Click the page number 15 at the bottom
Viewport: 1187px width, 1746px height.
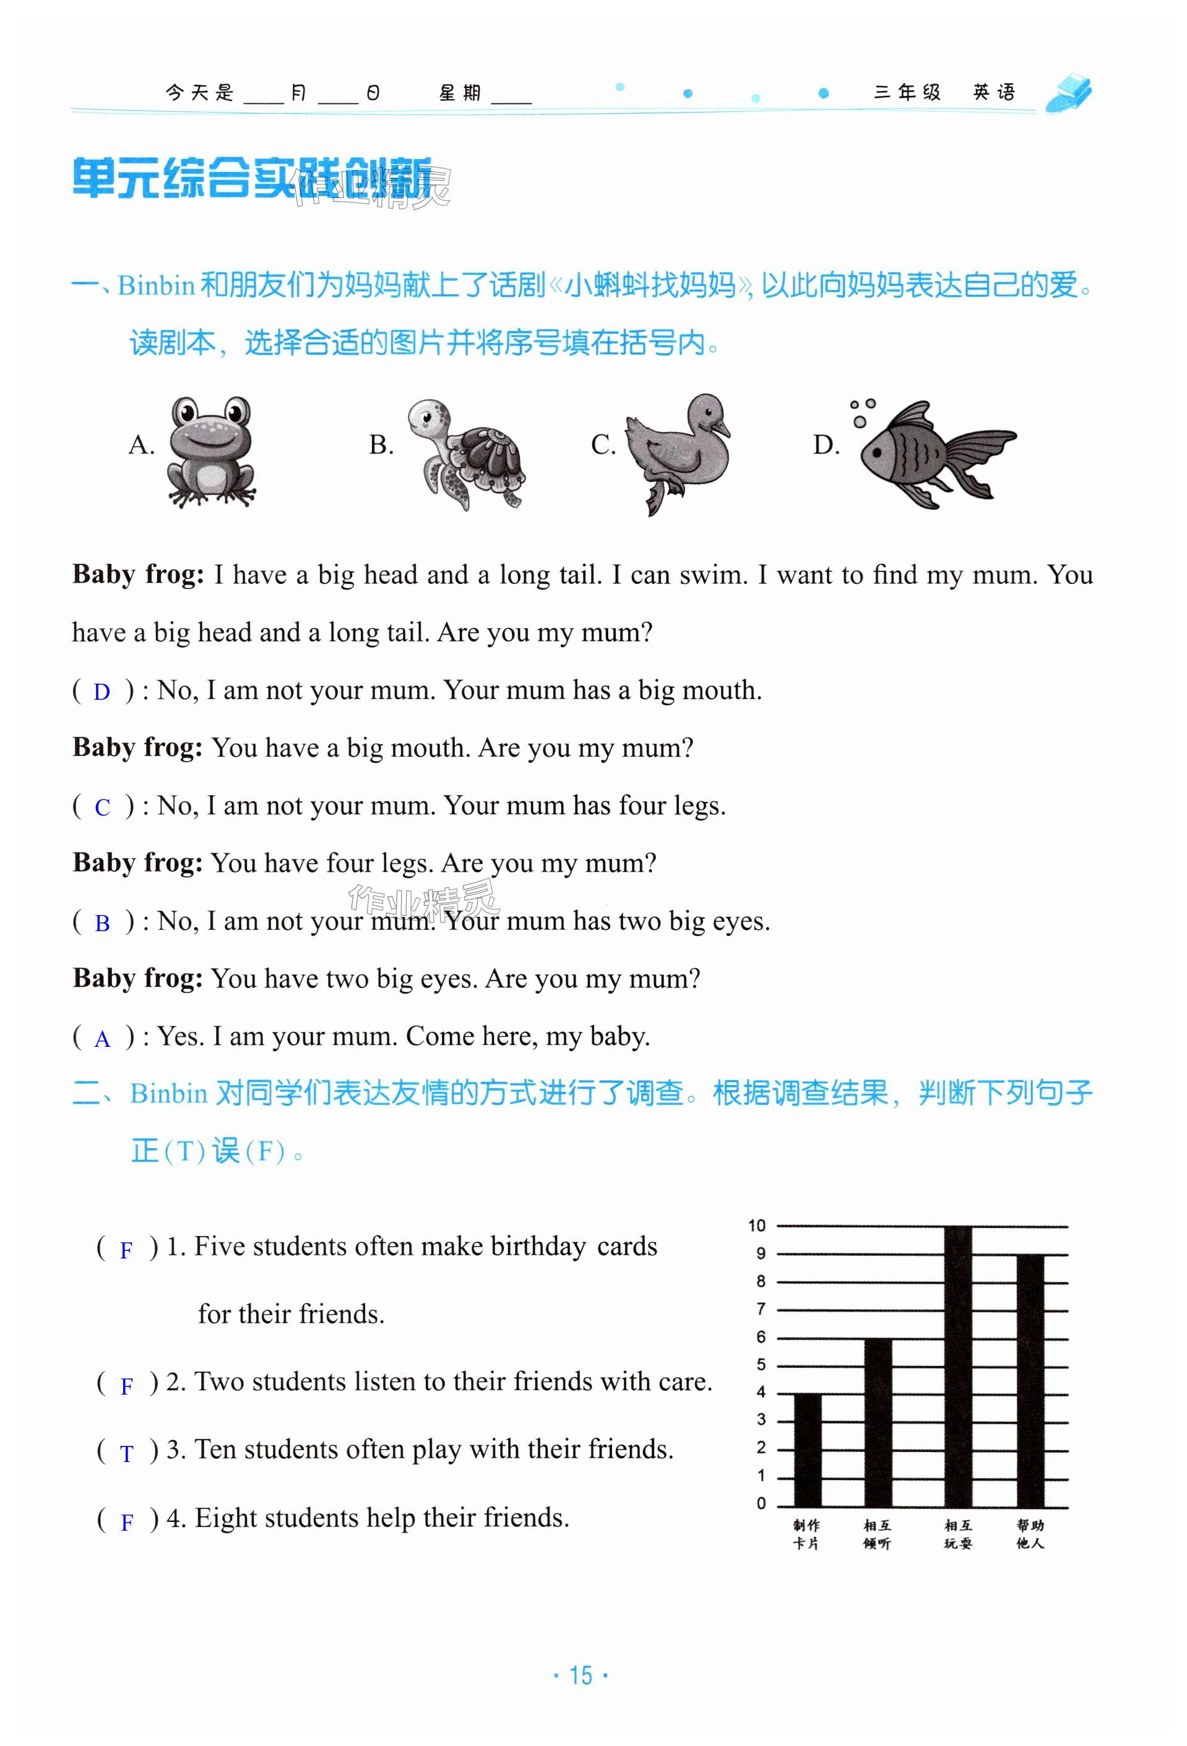click(x=581, y=1675)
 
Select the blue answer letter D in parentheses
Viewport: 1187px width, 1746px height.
click(x=101, y=692)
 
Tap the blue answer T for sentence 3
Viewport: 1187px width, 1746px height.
click(x=127, y=1454)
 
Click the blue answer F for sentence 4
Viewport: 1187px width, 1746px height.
click(x=127, y=1522)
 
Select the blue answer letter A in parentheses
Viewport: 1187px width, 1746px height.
click(x=102, y=1039)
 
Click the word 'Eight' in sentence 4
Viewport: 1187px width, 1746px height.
click(x=224, y=1518)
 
